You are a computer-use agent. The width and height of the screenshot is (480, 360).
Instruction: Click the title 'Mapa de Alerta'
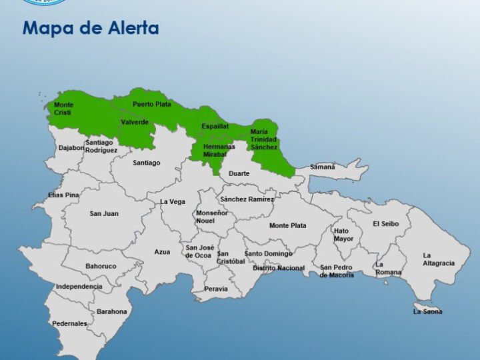(91, 29)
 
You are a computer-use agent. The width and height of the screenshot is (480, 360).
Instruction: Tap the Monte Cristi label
(64, 109)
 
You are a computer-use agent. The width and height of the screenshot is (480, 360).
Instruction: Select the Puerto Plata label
(151, 104)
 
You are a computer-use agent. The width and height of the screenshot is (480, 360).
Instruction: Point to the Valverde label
(135, 122)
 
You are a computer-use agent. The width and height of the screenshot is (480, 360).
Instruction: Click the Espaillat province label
(215, 125)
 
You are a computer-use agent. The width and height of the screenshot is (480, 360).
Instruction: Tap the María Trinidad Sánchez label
(263, 139)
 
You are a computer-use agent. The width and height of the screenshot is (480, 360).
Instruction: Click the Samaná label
(323, 167)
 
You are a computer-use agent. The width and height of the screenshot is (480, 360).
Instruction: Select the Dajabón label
(71, 148)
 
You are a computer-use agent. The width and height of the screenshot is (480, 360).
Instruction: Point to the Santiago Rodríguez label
(101, 146)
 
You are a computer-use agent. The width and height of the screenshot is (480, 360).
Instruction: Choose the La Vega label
(172, 201)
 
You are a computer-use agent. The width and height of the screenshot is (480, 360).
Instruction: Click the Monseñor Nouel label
(211, 216)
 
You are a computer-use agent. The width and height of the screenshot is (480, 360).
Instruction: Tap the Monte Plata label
(288, 225)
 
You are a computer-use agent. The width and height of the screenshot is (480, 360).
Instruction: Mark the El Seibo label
(385, 223)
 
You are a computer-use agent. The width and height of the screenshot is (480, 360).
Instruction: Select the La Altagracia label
(439, 259)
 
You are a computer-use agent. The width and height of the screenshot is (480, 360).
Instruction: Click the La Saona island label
(427, 311)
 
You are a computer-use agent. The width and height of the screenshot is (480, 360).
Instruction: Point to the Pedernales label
(69, 323)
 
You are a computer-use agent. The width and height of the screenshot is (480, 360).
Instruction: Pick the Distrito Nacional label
(279, 268)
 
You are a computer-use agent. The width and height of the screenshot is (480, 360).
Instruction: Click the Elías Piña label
(63, 195)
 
